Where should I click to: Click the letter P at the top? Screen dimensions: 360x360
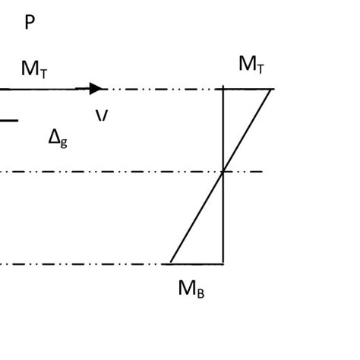(x=30, y=23)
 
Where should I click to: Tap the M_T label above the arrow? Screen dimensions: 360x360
(x=34, y=69)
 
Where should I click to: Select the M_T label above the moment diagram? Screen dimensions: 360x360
(x=251, y=65)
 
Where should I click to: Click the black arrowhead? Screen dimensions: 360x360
(x=96, y=89)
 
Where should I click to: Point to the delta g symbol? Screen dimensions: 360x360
(x=58, y=137)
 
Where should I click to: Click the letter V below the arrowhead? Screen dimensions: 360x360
(x=102, y=116)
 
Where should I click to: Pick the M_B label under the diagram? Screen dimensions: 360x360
(x=191, y=289)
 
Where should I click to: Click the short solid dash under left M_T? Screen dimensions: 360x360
(x=8, y=120)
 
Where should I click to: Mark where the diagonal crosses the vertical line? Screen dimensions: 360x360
(x=223, y=172)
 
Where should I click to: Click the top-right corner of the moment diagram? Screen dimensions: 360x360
(x=271, y=89)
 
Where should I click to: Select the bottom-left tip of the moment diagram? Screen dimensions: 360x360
(x=170, y=264)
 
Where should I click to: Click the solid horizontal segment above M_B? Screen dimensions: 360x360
(x=197, y=264)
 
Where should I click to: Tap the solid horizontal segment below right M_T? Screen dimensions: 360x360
(x=247, y=89)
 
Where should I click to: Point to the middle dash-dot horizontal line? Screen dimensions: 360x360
(x=114, y=172)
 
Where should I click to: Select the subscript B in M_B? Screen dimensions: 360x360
(x=200, y=292)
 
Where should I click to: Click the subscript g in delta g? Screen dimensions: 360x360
(x=64, y=142)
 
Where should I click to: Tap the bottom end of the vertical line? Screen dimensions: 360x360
(x=223, y=263)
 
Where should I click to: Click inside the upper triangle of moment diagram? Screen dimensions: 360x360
(x=238, y=114)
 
